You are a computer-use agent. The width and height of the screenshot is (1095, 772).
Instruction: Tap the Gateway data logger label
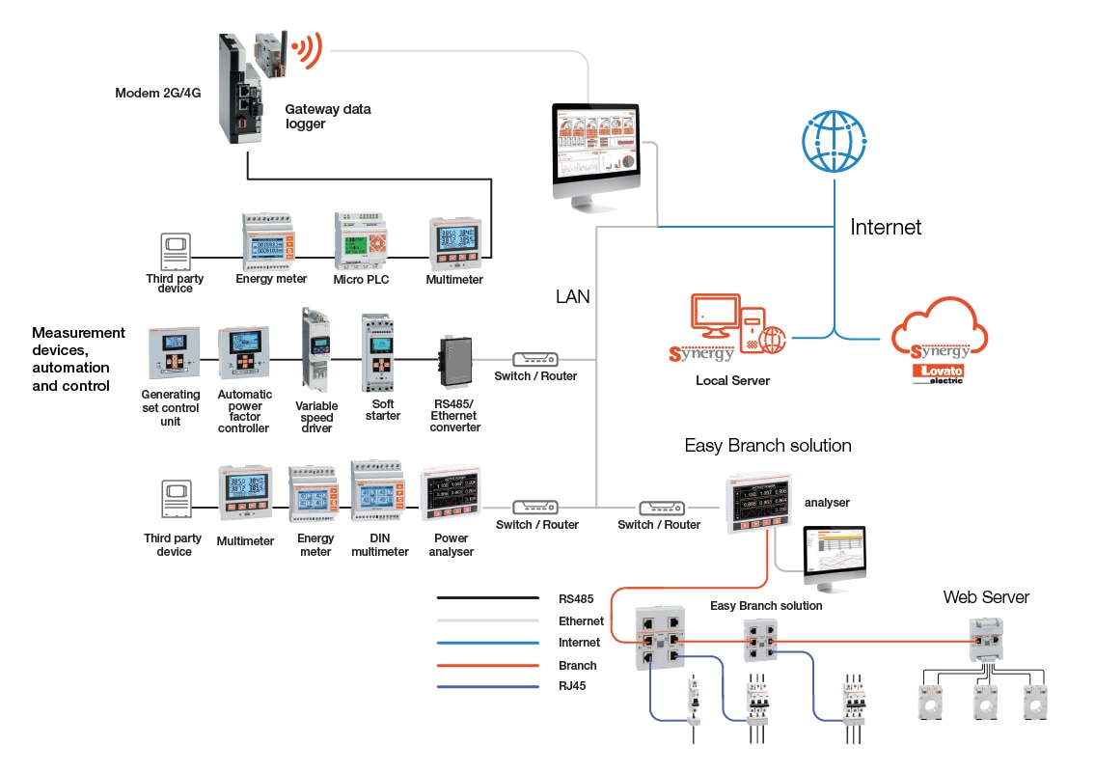coord(328,117)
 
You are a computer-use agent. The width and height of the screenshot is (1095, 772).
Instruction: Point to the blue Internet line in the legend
coord(487,643)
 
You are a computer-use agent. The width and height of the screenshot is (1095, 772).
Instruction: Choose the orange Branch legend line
coord(487,665)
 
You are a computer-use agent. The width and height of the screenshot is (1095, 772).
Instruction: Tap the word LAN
coord(572,297)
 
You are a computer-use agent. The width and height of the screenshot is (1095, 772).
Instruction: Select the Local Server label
coord(733,381)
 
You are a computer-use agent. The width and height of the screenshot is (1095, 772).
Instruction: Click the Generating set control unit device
coord(170,353)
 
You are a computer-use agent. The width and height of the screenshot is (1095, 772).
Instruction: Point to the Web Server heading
coord(986,597)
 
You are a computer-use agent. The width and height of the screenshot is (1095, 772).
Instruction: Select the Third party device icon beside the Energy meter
coord(175,253)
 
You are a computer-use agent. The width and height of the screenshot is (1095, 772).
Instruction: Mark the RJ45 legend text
coord(573,686)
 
